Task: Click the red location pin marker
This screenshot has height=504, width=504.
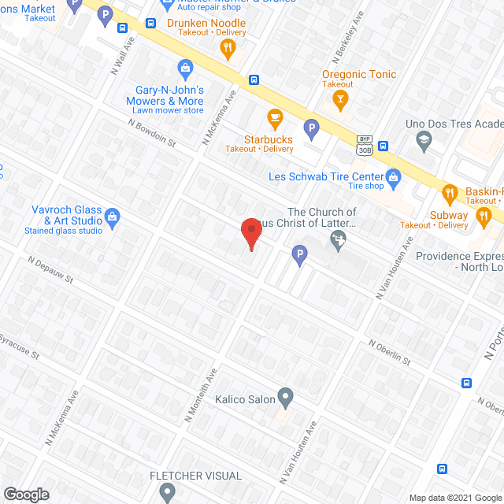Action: (x=250, y=233)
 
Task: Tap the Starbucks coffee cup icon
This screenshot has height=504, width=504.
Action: (x=274, y=119)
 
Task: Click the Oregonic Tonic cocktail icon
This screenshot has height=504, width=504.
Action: (x=340, y=98)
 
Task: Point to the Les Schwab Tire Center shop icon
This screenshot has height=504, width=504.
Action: (x=395, y=176)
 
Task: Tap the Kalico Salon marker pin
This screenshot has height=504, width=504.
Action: (x=286, y=396)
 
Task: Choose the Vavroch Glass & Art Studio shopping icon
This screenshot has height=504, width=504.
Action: (x=112, y=216)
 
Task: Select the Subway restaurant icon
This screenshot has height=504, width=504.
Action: (x=486, y=214)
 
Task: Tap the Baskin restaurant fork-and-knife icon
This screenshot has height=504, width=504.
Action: (x=449, y=191)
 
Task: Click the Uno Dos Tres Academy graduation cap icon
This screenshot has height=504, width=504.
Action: (x=423, y=141)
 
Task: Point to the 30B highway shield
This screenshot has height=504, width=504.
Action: (x=364, y=149)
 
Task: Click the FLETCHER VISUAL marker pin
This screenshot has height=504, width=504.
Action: (x=166, y=492)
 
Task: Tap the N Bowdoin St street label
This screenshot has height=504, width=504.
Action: (x=153, y=134)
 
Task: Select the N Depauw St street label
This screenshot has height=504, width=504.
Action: (x=50, y=269)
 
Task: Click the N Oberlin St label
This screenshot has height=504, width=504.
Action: (x=390, y=351)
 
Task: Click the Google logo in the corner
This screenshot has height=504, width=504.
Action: (x=26, y=494)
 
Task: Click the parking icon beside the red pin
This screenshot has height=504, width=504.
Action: (x=298, y=254)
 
